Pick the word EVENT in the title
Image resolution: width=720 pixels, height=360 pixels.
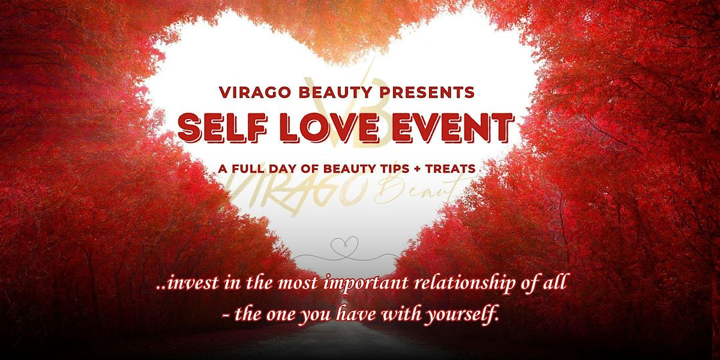pyautogui.click(x=453, y=128)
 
